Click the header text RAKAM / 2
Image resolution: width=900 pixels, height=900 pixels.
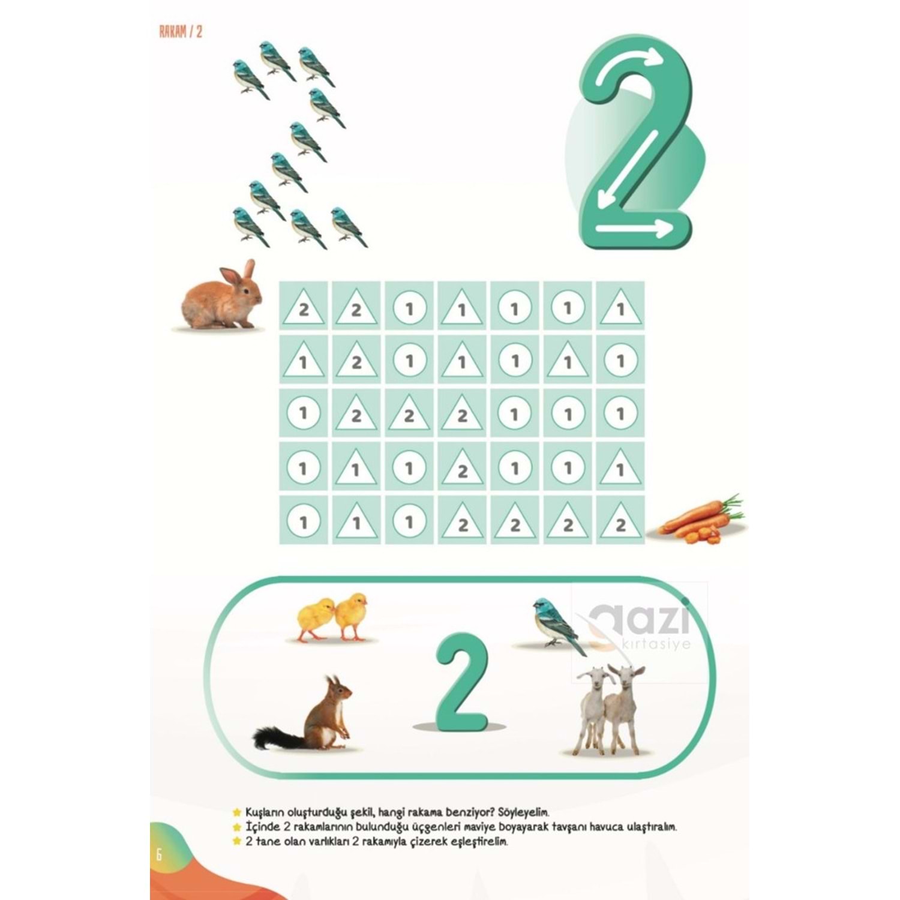[181, 32]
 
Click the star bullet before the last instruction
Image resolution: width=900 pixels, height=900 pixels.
[237, 841]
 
